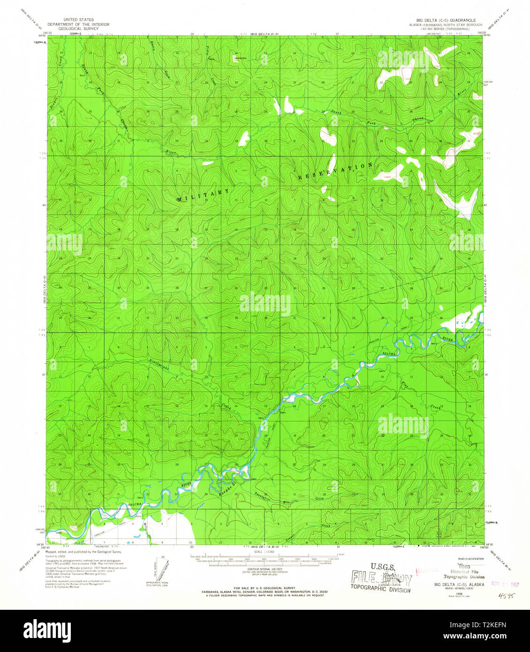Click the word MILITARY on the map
[x=204, y=196]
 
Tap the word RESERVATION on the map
[x=335, y=171]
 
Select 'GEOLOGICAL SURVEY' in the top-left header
[x=78, y=29]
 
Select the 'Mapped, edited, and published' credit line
[x=83, y=552]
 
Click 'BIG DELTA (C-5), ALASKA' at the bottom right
[x=453, y=585]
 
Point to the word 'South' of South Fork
[x=335, y=112]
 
